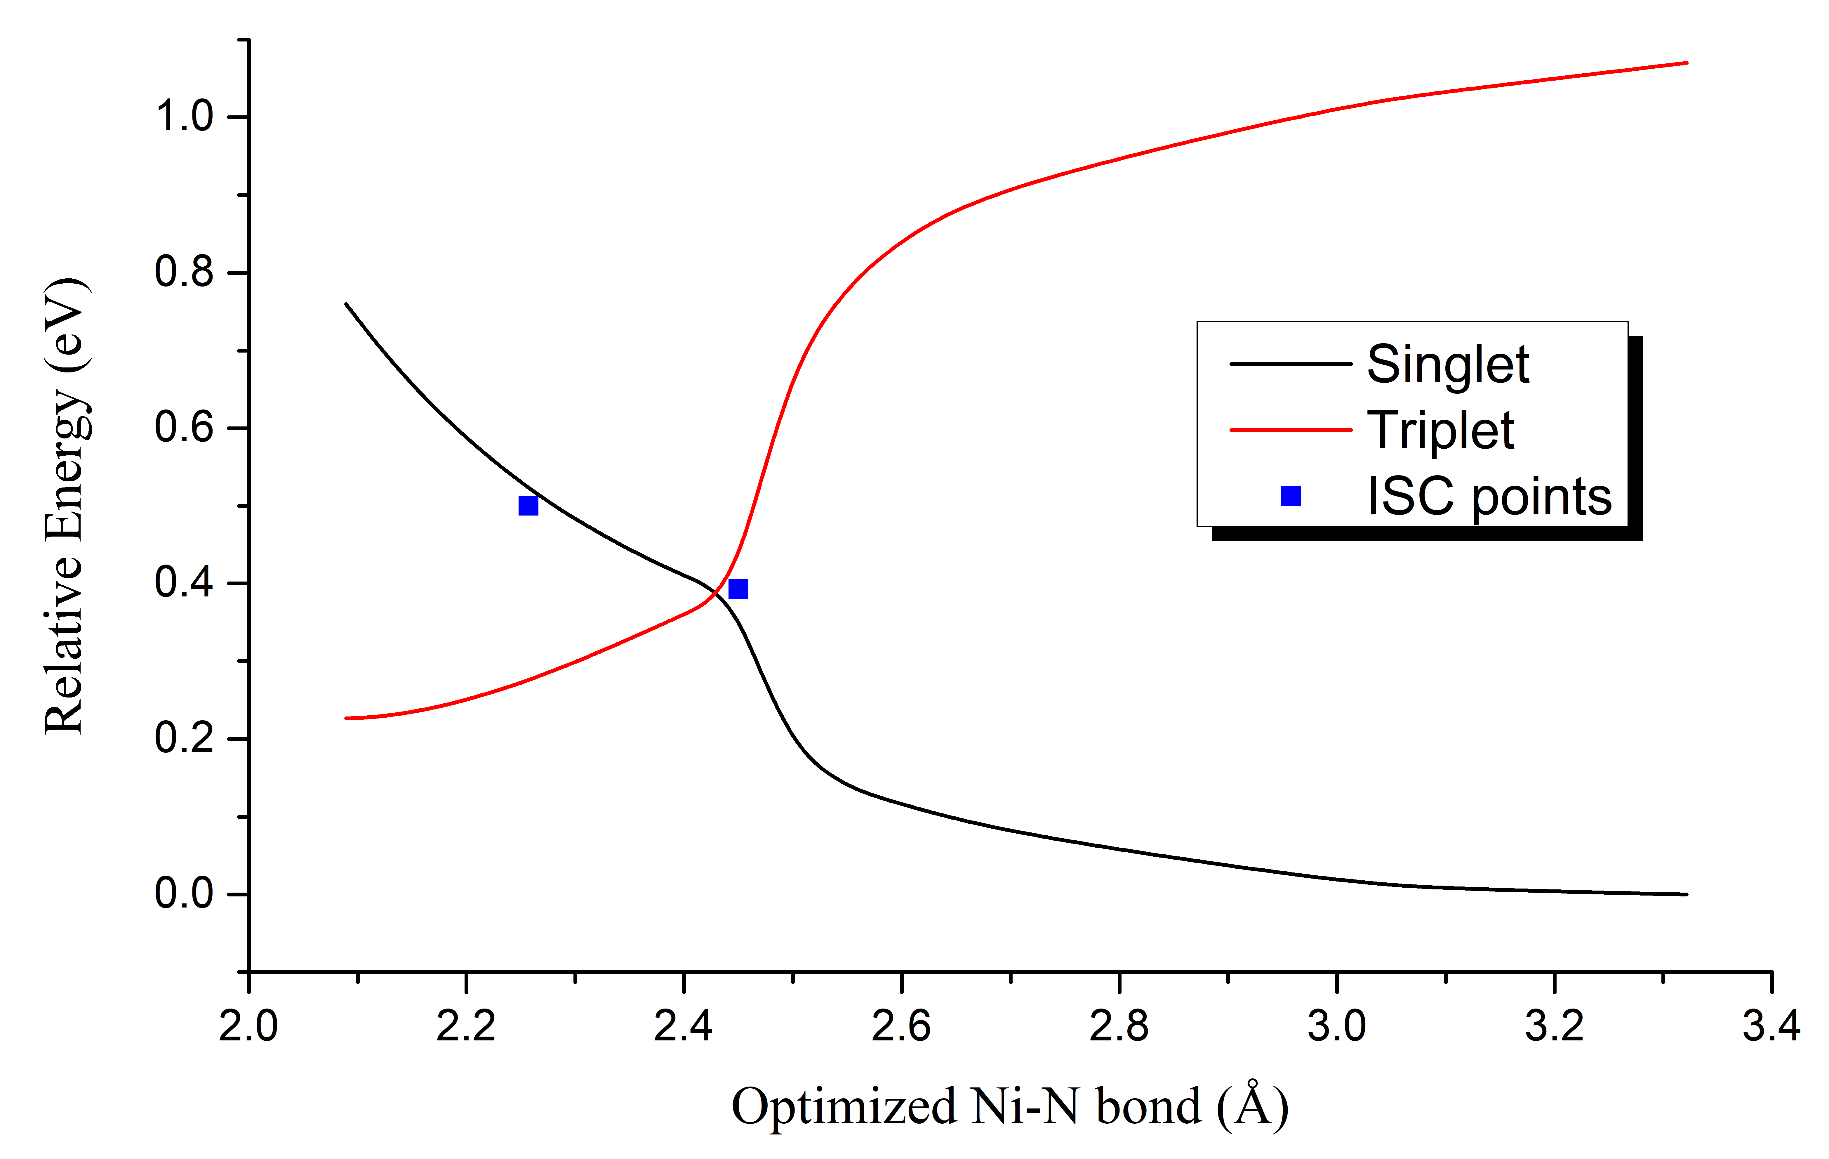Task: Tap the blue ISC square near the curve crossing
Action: [738, 589]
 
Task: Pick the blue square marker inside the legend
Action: [1291, 496]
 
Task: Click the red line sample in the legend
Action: [1291, 430]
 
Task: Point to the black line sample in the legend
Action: [1291, 364]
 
